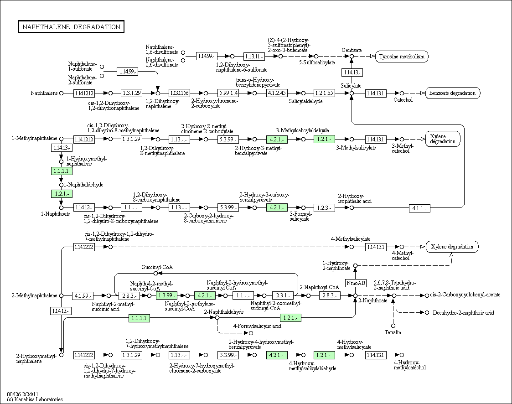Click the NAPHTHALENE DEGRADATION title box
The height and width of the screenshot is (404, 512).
pyautogui.click(x=71, y=27)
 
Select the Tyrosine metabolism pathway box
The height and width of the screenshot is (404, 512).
pyautogui.click(x=402, y=57)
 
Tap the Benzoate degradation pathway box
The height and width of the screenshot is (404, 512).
pyautogui.click(x=452, y=93)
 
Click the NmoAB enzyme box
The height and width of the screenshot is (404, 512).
pyautogui.click(x=356, y=283)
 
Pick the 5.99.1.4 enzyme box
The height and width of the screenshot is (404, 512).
pyautogui.click(x=228, y=93)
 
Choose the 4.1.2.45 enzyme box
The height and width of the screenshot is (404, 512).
pyautogui.click(x=277, y=93)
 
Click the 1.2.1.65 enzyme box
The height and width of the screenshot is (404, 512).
pyautogui.click(x=325, y=93)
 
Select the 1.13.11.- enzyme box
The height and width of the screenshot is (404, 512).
pyautogui.click(x=254, y=56)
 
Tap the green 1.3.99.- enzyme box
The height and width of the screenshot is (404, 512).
pyautogui.click(x=166, y=295)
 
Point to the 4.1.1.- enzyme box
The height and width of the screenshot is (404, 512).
pyautogui.click(x=419, y=208)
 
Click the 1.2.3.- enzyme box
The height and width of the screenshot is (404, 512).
pyautogui.click(x=325, y=208)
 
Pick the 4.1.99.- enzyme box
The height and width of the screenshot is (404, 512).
pyautogui.click(x=83, y=296)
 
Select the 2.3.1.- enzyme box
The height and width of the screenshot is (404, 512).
pyautogui.click(x=283, y=295)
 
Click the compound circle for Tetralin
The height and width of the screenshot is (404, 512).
pyautogui.click(x=393, y=326)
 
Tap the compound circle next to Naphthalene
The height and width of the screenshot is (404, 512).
pyautogui.click(x=61, y=93)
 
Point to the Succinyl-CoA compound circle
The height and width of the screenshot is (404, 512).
pyautogui.click(x=156, y=273)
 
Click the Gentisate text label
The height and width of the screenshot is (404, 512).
pyautogui.click(x=352, y=50)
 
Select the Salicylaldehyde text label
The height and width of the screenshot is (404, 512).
pyautogui.click(x=305, y=101)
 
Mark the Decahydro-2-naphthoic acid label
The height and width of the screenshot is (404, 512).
pyautogui.click(x=463, y=313)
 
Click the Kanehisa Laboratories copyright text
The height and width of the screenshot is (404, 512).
pyautogui.click(x=35, y=399)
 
